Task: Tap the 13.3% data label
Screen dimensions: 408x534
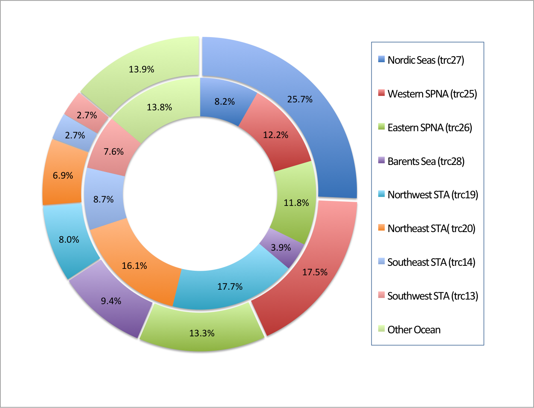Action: [x=202, y=333]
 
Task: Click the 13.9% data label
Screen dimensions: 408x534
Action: [x=141, y=69]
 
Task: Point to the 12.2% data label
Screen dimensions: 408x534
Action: [x=276, y=135]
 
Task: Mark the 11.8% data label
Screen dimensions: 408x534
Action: [x=296, y=203]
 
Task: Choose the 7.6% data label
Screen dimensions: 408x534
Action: [x=114, y=152]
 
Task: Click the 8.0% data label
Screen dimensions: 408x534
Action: [x=69, y=240]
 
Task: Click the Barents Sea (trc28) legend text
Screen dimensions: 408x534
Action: [x=426, y=161]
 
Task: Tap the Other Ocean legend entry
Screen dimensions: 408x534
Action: [x=414, y=330]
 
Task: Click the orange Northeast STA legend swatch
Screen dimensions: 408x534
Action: [x=382, y=228]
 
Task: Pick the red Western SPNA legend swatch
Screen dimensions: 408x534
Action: [x=382, y=93]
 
